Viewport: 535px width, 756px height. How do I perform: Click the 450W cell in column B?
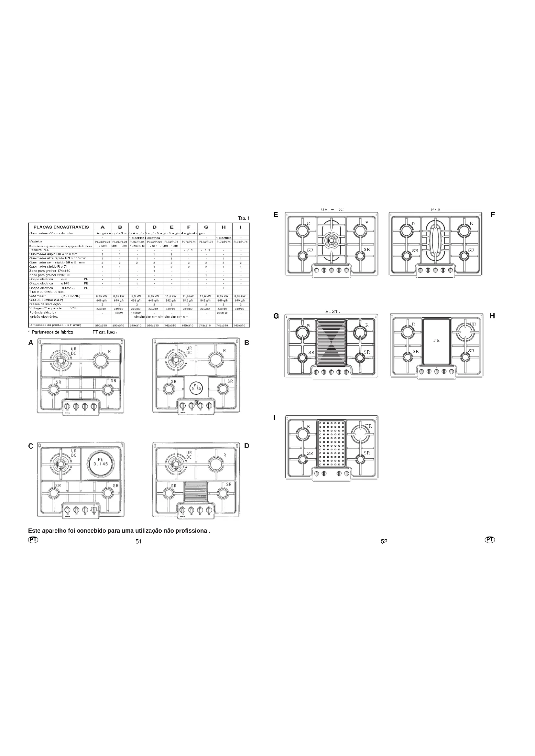click(120, 313)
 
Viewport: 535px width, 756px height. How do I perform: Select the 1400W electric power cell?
click(136, 313)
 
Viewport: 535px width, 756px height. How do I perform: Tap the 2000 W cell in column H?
click(223, 313)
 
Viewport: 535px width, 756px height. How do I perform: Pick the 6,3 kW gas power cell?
click(136, 296)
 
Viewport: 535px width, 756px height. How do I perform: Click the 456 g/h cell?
click(136, 300)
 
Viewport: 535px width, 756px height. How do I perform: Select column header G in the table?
click(206, 227)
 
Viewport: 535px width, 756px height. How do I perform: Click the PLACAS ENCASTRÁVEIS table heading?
click(61, 227)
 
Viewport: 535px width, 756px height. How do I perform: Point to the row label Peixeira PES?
click(39, 250)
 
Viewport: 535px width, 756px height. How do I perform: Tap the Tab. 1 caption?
click(244, 218)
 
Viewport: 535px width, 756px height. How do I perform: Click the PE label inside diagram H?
click(436, 340)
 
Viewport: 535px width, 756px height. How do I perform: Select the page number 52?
click(384, 541)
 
